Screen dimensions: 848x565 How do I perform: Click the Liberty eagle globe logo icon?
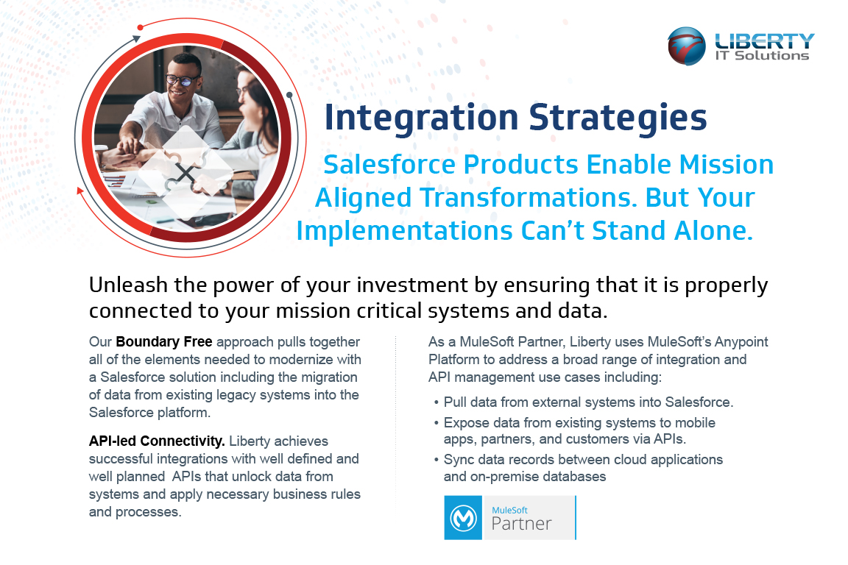686,46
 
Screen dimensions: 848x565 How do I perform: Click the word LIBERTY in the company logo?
764,40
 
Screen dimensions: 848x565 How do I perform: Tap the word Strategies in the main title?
618,118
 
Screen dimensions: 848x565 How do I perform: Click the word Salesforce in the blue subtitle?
389,164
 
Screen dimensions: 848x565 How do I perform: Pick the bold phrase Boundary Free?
164,341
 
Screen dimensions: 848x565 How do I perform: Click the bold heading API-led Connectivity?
157,441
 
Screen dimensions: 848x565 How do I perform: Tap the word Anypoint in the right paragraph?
741,342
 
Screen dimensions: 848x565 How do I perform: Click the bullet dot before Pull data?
437,403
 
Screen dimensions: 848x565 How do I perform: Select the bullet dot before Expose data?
437,423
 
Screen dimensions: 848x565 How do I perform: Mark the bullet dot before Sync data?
437,460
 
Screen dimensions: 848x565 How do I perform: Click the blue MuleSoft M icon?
463,518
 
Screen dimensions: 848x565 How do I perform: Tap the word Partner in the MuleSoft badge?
521,523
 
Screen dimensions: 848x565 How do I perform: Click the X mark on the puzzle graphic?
185,174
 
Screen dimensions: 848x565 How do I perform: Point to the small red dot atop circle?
140,27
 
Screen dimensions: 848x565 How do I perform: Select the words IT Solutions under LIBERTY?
762,55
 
